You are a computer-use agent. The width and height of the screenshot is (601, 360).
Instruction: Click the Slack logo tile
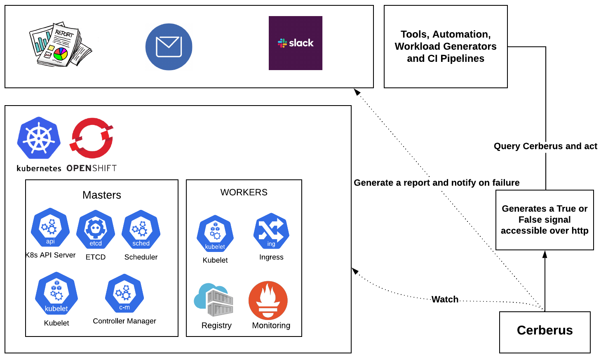(x=295, y=43)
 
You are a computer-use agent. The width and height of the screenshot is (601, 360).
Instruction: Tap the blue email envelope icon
(x=169, y=47)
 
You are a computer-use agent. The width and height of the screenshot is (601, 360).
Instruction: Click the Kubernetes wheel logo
(x=39, y=138)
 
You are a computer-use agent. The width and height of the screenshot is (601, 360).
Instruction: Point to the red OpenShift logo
(x=92, y=138)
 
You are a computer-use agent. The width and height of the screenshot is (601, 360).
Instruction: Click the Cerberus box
(x=545, y=332)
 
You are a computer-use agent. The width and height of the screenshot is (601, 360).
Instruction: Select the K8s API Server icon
(x=50, y=227)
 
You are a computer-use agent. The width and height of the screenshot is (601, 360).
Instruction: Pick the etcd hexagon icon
(x=96, y=229)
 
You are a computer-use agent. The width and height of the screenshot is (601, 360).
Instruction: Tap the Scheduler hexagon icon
(x=141, y=229)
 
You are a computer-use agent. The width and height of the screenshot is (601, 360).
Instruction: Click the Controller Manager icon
(x=124, y=293)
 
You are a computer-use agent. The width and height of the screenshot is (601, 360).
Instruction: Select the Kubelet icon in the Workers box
(x=215, y=233)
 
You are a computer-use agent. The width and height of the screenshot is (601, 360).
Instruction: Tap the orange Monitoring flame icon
(x=268, y=300)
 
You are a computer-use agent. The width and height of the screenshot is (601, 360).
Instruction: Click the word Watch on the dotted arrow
(x=445, y=299)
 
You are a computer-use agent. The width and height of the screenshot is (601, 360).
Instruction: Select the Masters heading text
(x=102, y=195)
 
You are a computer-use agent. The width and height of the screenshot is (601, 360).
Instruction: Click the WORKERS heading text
(x=244, y=193)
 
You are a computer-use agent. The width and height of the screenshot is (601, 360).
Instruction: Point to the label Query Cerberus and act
(x=545, y=146)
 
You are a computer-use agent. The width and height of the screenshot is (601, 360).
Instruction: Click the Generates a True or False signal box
(x=545, y=220)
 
